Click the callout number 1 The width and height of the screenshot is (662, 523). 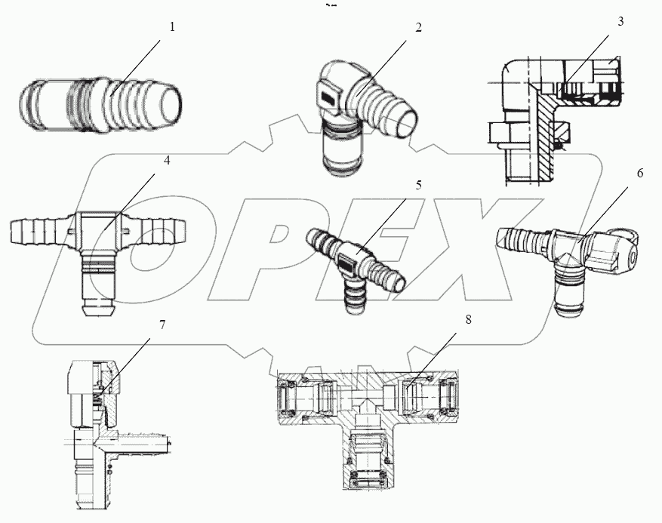click(172, 27)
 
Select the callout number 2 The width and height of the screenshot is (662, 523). click(418, 27)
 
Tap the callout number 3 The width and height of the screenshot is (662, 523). click(620, 21)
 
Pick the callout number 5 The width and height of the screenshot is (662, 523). click(418, 183)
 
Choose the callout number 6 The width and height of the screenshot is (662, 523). click(639, 173)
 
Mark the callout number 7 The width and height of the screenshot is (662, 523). click(162, 325)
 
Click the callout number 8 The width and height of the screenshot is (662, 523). click(468, 319)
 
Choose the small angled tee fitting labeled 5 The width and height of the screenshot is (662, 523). click(355, 264)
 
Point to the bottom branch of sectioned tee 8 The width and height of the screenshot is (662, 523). click(370, 460)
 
